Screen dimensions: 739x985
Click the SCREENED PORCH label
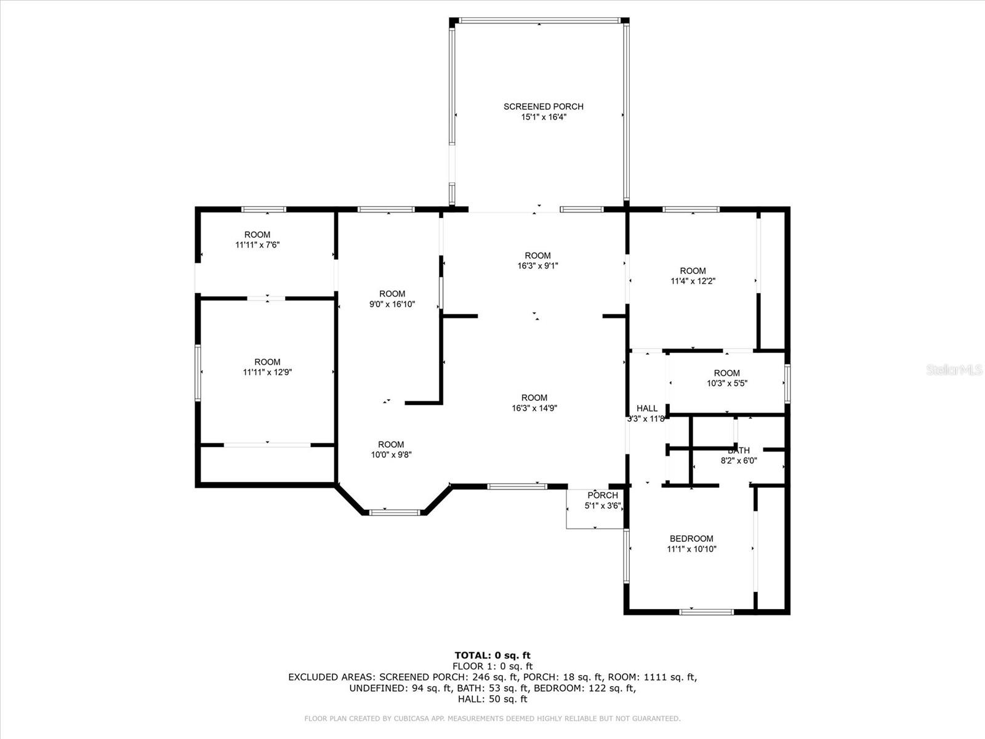(x=543, y=107)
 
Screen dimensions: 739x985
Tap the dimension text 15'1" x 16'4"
(x=543, y=117)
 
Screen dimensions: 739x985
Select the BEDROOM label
(x=691, y=539)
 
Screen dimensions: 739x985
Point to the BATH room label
(x=739, y=450)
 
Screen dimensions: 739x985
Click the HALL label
(x=646, y=408)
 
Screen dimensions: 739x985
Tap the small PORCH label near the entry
(x=602, y=496)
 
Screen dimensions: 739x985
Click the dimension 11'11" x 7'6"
(x=257, y=245)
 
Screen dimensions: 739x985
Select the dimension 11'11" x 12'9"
(x=267, y=373)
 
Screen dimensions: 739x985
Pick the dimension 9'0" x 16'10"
(x=392, y=304)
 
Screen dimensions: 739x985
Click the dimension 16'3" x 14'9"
(x=534, y=408)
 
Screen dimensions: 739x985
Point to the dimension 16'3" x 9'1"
(x=537, y=266)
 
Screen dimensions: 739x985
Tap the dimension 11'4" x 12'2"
(x=693, y=281)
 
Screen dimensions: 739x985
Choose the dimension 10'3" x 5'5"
(x=726, y=384)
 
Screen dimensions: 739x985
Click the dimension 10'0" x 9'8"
(x=391, y=455)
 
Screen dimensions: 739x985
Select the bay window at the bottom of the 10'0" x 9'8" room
(x=394, y=512)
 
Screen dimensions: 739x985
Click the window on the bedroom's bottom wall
(x=706, y=612)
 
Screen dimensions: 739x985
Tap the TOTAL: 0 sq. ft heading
(x=492, y=655)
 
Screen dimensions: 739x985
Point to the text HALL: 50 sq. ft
(x=492, y=699)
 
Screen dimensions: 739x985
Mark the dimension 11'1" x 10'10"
(x=691, y=549)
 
